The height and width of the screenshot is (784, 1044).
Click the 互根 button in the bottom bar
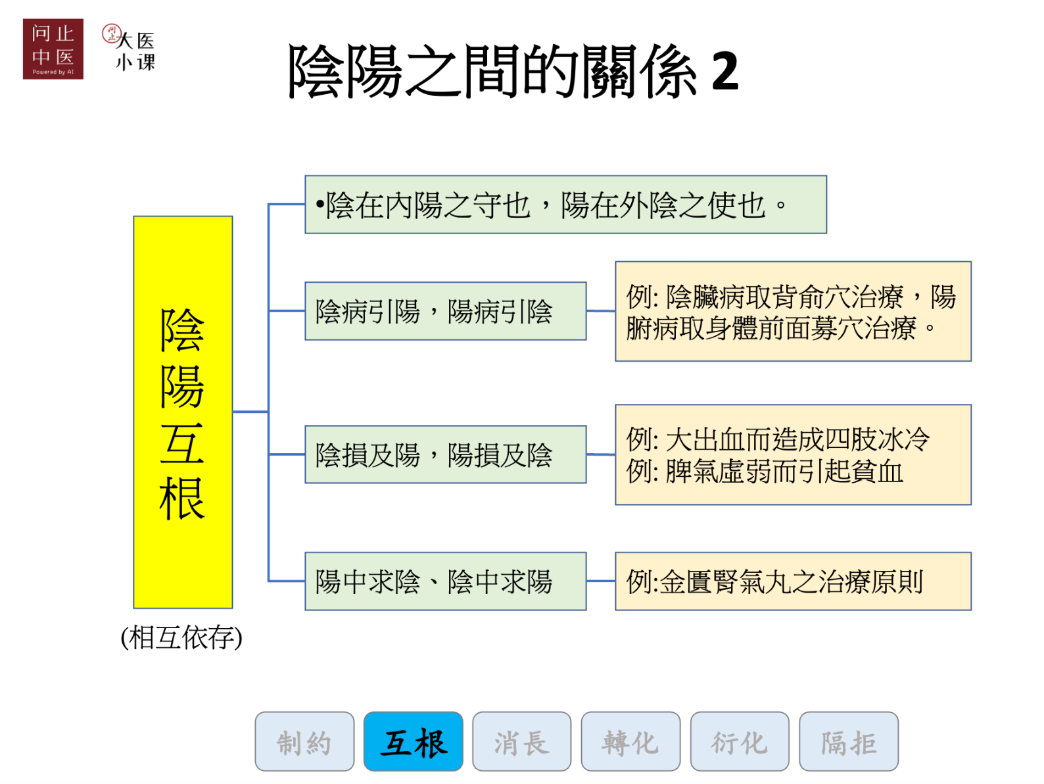[413, 741]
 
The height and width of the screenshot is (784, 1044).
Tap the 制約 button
[304, 741]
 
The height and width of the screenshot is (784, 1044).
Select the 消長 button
[521, 741]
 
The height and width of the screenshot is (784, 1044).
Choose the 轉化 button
[630, 741]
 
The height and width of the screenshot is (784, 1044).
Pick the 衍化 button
[739, 741]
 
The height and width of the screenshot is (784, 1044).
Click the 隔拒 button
[848, 741]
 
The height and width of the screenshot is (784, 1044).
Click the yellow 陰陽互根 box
[183, 412]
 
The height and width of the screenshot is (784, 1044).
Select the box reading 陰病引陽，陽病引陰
[445, 311]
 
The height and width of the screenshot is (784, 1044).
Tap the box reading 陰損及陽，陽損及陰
[445, 454]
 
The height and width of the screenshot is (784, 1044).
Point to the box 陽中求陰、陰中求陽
[445, 581]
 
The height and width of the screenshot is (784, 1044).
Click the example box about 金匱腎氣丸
[793, 581]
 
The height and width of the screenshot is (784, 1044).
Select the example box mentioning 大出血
[793, 454]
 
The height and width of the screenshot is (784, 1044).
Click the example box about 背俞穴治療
[793, 311]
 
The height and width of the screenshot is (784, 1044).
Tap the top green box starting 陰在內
[565, 205]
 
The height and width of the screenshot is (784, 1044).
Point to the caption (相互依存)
[181, 637]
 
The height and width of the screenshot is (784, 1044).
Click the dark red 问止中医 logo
[53, 49]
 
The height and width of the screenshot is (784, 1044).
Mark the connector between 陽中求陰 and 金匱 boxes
[600, 581]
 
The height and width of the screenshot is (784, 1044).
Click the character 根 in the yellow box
[182, 498]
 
